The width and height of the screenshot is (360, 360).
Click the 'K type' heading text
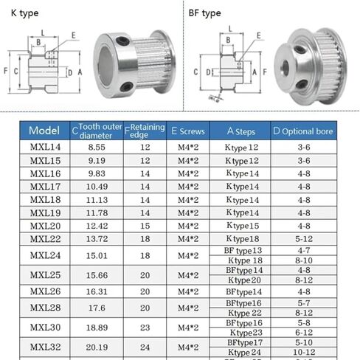click(x=23, y=13)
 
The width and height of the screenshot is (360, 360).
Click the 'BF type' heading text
click(x=204, y=13)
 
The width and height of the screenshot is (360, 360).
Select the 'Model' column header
click(x=44, y=131)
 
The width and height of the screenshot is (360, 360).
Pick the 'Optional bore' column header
click(x=303, y=131)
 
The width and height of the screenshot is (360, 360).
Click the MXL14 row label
click(x=45, y=148)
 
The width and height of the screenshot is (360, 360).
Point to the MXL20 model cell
click(x=45, y=226)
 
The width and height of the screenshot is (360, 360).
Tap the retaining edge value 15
click(x=145, y=226)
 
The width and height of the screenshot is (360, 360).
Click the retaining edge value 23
click(x=145, y=327)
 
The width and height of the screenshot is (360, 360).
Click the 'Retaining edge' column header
click(x=145, y=131)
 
